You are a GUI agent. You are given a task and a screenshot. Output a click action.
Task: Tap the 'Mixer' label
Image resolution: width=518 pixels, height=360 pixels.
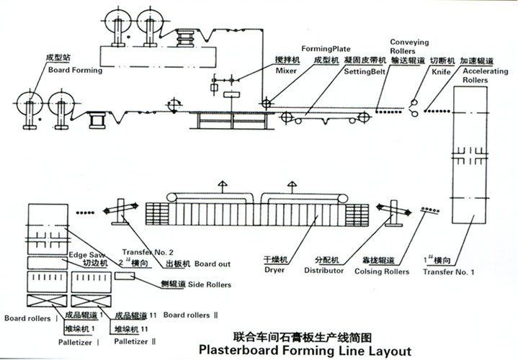tap(267, 73)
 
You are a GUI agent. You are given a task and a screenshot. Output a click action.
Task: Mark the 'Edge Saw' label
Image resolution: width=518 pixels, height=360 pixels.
tap(83, 254)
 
